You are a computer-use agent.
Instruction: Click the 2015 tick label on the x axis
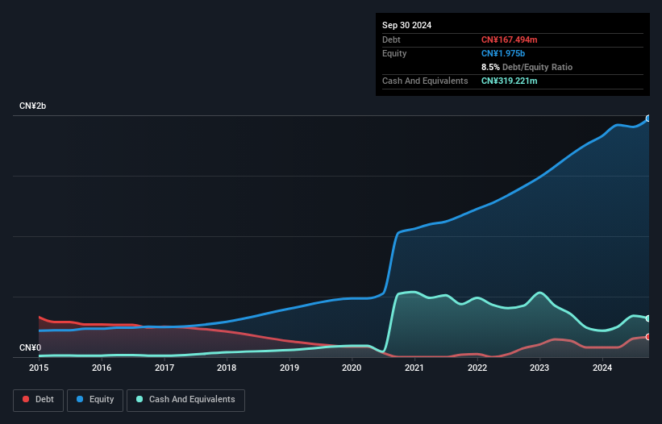39,368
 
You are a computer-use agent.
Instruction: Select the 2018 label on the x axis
227,368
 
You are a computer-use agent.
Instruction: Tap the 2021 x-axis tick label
414,368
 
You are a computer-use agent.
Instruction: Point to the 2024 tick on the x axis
602,368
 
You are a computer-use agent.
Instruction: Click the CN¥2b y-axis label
33,106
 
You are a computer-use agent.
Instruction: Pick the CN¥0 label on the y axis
30,347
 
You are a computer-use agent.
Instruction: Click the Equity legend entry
96,399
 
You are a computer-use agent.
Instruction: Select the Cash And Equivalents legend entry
185,399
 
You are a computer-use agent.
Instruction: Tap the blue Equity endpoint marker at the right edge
648,118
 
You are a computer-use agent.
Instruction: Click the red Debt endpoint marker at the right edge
648,337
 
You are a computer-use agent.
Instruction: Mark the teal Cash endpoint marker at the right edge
648,318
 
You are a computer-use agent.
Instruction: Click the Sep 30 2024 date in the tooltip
406,25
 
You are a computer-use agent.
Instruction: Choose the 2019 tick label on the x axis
289,368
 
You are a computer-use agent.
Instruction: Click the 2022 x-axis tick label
477,368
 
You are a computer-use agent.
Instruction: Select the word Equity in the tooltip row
394,53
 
